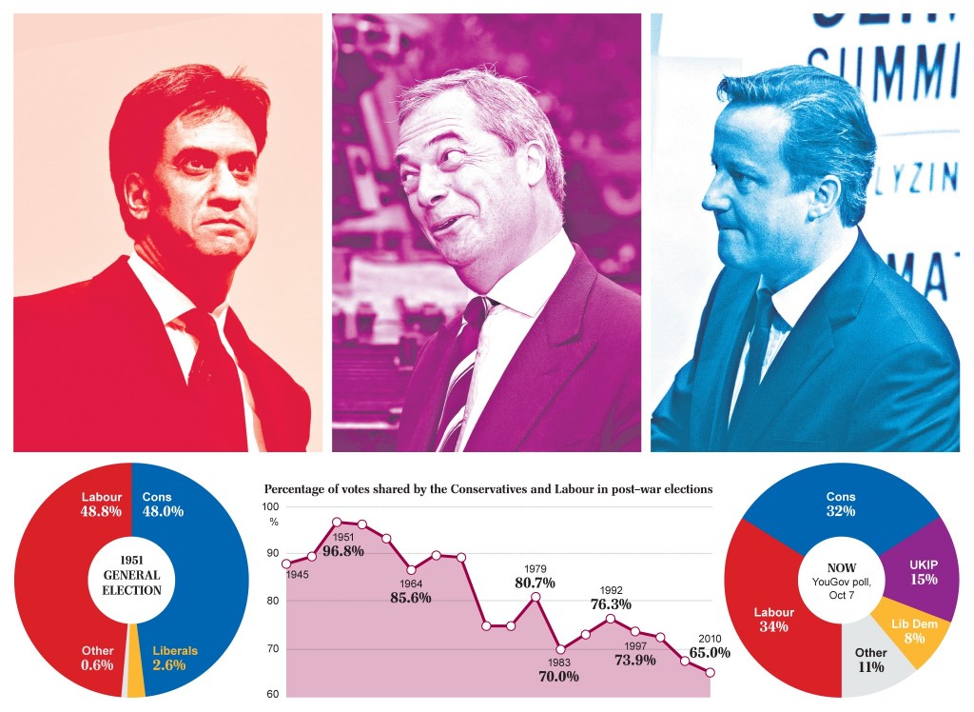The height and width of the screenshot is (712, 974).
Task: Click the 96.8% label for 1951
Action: [x=343, y=550]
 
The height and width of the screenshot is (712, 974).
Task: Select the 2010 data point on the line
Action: [x=710, y=672]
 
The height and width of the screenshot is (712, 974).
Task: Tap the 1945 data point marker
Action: [x=286, y=564]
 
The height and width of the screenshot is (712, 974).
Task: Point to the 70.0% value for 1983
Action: [x=558, y=677]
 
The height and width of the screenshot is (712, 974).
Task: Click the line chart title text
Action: [x=488, y=489]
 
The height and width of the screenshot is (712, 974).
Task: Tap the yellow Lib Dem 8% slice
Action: [x=909, y=631]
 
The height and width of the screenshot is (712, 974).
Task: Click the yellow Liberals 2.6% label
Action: [x=174, y=658]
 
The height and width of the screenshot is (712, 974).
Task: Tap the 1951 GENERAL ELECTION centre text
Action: [x=131, y=575]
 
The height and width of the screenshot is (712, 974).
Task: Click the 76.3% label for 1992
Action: [x=611, y=603]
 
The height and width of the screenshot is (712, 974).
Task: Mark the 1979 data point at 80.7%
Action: [x=536, y=597]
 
